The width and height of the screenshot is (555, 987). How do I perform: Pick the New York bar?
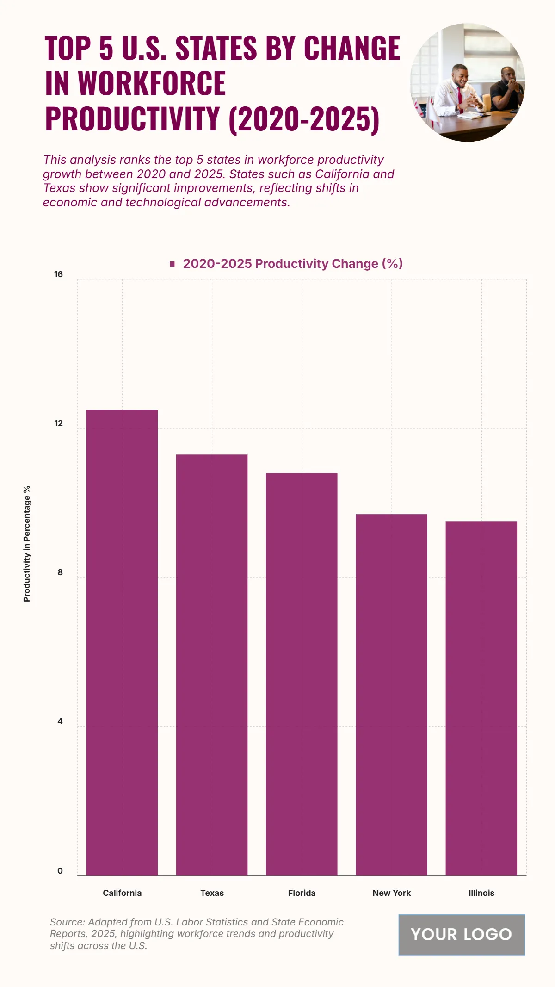click(391, 694)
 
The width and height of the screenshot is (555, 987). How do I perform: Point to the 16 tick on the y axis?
click(58, 274)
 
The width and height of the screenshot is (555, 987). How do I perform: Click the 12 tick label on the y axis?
click(58, 423)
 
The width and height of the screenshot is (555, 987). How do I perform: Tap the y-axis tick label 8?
click(60, 572)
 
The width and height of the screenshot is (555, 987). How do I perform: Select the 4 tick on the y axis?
click(60, 721)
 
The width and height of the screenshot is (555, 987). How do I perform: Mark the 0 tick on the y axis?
click(60, 870)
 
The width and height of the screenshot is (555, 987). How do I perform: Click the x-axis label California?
click(122, 893)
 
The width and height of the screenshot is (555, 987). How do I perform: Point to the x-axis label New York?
click(391, 893)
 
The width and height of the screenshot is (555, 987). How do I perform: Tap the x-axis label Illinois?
click(481, 893)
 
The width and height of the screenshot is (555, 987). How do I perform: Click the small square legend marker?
click(173, 264)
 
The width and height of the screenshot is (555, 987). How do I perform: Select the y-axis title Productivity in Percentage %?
click(27, 544)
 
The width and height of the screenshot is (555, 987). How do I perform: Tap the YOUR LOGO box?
click(462, 934)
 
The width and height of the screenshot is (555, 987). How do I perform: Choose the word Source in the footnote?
click(68, 922)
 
